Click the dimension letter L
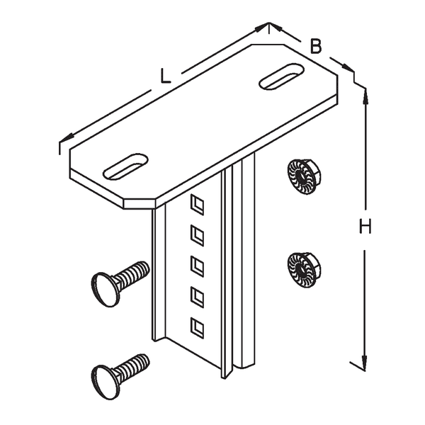coord(165,76)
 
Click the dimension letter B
coord(315,46)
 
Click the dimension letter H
coord(365,227)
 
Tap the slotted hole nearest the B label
coord(281,76)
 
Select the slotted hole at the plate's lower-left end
coord(125,166)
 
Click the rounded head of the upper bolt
coord(105,290)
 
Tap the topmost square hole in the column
coord(197,205)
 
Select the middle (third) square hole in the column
coord(197,267)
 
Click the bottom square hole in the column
coord(197,329)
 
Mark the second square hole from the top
coord(197,236)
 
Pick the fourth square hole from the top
coord(197,297)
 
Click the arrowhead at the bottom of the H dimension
coord(365,363)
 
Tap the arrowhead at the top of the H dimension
coord(365,96)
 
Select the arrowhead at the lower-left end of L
coord(67,138)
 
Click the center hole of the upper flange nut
coord(300,176)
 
